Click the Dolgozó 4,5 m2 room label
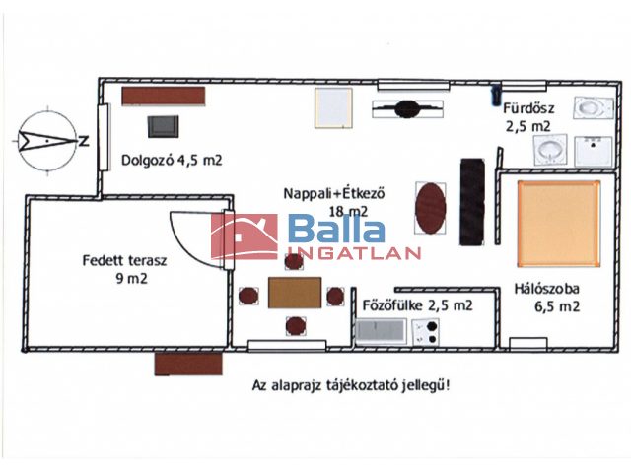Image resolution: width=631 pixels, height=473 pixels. coord(172,160)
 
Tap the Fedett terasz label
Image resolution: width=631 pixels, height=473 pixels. coord(125,260)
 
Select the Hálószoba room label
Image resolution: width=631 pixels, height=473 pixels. coord(546,289)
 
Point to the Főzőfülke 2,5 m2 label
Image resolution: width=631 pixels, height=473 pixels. coord(418,305)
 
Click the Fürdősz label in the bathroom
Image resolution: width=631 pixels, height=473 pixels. coord(528,108)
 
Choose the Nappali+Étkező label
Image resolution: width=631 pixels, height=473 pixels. coord(334,193)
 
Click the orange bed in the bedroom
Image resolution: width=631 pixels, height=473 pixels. coord(559,224)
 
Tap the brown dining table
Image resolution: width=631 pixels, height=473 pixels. coord(295,293)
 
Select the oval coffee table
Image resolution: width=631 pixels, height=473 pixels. coord(431,208)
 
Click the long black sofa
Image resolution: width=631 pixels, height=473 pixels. coord(472,202)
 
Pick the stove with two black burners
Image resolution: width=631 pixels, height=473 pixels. coord(425,333)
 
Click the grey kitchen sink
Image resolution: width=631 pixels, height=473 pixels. coord(382,332)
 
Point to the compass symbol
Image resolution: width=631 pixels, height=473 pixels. coord(47,140)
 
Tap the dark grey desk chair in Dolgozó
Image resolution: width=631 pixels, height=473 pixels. coord(164,127)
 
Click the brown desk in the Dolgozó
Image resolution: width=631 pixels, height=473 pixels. coord(164,96)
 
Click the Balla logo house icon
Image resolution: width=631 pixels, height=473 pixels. coord(245,236)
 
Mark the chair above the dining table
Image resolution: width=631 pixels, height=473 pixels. coord(294,262)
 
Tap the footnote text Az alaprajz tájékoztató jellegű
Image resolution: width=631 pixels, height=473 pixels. coord(351,385)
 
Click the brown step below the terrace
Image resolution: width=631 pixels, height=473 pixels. coord(188,364)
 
